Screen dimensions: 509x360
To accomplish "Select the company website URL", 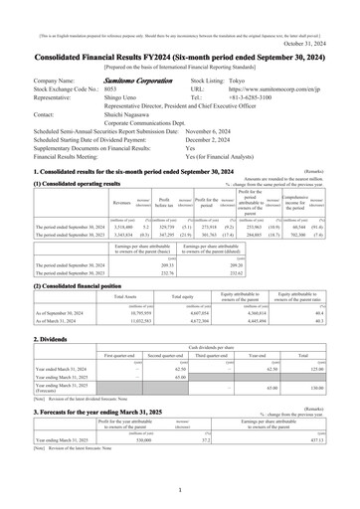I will coord(296,60).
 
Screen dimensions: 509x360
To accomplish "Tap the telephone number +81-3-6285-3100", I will coord(264,72).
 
